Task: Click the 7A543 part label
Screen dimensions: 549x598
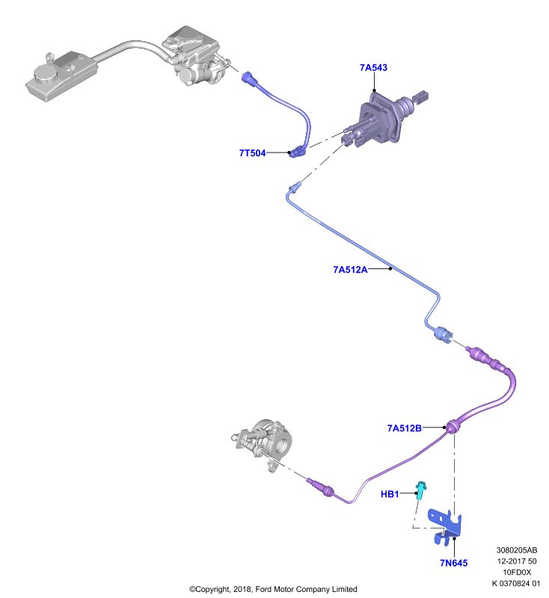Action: pyautogui.click(x=373, y=67)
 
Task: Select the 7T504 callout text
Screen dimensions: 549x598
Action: pyautogui.click(x=252, y=153)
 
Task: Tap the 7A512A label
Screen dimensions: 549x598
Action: pyautogui.click(x=350, y=270)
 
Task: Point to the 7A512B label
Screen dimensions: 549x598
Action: pyautogui.click(x=405, y=428)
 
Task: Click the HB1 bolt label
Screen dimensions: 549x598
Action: pyautogui.click(x=390, y=494)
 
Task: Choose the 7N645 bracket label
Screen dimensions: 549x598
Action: pyautogui.click(x=453, y=563)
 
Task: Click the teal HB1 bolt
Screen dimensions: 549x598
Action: pyautogui.click(x=421, y=490)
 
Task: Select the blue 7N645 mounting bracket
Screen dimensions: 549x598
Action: pyautogui.click(x=445, y=526)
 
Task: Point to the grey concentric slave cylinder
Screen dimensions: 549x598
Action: pyautogui.click(x=264, y=443)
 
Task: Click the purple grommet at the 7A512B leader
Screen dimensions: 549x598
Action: pyautogui.click(x=453, y=425)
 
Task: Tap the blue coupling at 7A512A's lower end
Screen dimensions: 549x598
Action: pyautogui.click(x=443, y=334)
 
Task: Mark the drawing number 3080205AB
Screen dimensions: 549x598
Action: pyautogui.click(x=517, y=550)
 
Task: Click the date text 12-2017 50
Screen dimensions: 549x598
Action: pyautogui.click(x=517, y=561)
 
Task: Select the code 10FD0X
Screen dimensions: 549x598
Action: pyautogui.click(x=517, y=572)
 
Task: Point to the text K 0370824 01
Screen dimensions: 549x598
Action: pyautogui.click(x=516, y=583)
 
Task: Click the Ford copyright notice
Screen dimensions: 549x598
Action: pyautogui.click(x=273, y=589)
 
